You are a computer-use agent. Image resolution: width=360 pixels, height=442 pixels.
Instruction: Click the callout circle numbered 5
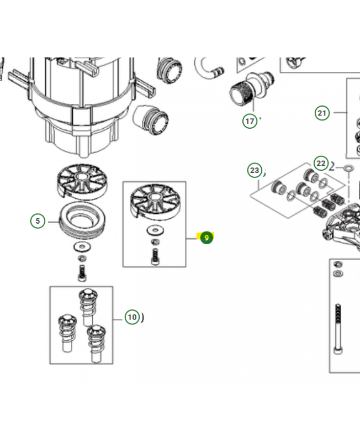[x=38, y=221]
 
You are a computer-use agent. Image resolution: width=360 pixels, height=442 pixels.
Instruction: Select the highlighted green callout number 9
[x=207, y=238]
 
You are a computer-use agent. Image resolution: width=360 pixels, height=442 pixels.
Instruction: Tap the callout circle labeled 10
[x=131, y=317]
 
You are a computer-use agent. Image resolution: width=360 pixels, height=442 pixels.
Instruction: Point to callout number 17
[x=250, y=120]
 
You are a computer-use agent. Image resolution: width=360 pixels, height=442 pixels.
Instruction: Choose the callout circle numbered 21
[x=322, y=113]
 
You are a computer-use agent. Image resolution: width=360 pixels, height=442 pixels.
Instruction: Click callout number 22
[x=321, y=163]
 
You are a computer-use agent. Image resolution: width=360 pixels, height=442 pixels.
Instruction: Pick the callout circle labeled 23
[x=254, y=170]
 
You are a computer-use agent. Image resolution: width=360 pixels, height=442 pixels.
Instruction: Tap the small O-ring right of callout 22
[x=348, y=167]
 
